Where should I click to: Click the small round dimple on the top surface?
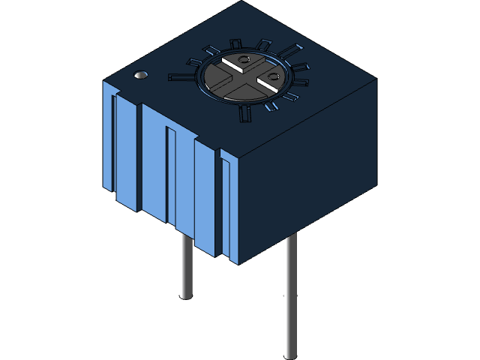[139, 76]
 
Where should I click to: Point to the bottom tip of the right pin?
[290, 355]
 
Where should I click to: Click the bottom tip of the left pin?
[186, 297]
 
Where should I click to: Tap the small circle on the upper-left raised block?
[242, 59]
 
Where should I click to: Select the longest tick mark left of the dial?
[182, 76]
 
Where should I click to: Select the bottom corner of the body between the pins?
[238, 263]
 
